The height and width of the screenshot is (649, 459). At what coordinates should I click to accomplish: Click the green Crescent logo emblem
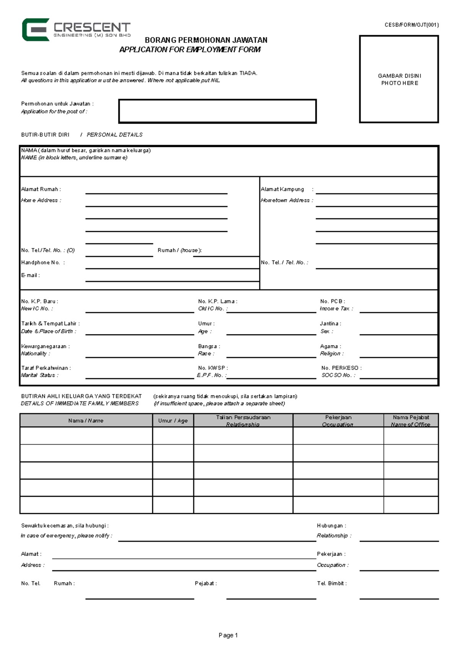pos(35,29)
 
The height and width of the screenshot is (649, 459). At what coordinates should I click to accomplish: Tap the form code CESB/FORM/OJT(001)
pos(412,25)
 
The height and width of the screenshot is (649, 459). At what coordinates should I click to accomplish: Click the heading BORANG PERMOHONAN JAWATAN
pos(206,40)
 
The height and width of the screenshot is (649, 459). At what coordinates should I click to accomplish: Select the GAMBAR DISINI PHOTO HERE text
pos(399,80)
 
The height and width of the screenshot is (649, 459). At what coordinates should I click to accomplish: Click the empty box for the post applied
pos(217,111)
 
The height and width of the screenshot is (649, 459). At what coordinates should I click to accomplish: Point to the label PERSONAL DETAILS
pos(114,135)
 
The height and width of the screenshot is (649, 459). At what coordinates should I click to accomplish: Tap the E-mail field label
pos(30,275)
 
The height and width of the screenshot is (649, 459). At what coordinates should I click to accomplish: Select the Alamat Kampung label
pos(282,189)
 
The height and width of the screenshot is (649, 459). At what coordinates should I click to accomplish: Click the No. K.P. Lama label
pos(217,301)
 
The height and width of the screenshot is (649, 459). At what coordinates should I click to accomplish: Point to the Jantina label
pos(330,324)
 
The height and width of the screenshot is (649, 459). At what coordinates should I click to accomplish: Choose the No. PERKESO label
pos(341,368)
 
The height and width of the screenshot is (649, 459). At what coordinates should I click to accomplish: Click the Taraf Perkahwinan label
pos(46,368)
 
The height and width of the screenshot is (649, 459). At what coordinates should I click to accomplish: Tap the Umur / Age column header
pos(173,421)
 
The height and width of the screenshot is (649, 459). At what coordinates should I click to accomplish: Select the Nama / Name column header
pos(86,421)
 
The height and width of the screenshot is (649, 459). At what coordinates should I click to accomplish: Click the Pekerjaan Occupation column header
pos(338,421)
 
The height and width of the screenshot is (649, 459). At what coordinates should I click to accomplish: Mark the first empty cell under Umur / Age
pos(173,435)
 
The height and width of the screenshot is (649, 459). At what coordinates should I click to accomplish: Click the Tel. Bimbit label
pos(332,584)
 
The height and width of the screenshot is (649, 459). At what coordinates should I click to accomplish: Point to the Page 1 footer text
pos(228,635)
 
